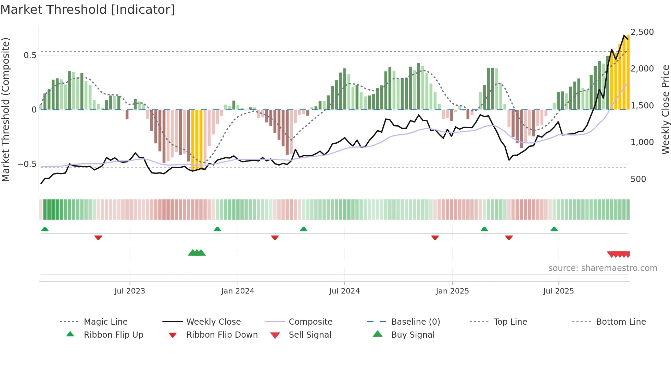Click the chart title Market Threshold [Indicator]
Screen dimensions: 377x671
pos(88,10)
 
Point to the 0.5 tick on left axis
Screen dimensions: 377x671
pos(30,55)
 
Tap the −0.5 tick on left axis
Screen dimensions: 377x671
pos(27,164)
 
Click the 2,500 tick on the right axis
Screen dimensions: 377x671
pos(642,32)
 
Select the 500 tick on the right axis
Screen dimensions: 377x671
pos(638,179)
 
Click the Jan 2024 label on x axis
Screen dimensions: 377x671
pos(238,291)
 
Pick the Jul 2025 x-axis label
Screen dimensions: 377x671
pos(558,291)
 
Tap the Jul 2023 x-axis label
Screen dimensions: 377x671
pos(130,291)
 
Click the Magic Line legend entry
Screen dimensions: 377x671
pos(105,322)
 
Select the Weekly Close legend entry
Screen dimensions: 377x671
pos(213,322)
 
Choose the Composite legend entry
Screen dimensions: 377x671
pos(311,322)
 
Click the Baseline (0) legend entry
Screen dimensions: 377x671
pos(415,322)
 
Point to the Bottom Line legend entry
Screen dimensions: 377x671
pos(621,322)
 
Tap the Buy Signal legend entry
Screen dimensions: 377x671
pos(413,335)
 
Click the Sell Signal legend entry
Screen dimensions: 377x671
pos(310,335)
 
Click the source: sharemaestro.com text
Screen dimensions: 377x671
pos(603,268)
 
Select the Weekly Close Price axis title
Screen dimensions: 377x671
pos(665,109)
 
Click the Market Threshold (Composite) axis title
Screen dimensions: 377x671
pos(5,109)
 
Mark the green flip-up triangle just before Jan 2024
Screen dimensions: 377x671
pos(217,229)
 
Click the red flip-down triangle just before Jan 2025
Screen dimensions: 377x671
pos(435,237)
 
